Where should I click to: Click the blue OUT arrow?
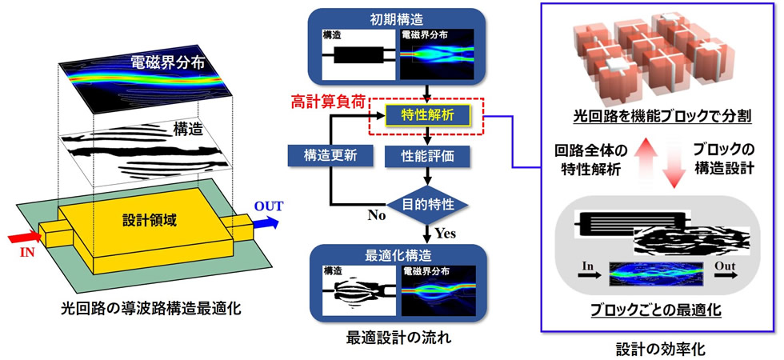263,225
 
